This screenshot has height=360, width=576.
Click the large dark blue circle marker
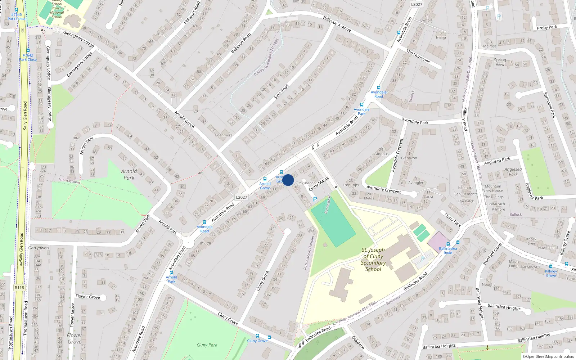(288, 180)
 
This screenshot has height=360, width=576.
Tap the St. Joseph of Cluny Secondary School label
(373, 260)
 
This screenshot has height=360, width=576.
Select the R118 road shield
(19, 288)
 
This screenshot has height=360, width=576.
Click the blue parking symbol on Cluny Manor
(315, 199)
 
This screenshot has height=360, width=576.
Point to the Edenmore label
(224, 135)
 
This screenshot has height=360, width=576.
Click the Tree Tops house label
(351, 185)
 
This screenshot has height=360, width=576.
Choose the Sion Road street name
(282, 91)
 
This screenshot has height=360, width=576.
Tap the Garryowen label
(39, 248)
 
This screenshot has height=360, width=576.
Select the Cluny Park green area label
(207, 345)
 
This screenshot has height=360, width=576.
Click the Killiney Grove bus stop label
(551, 273)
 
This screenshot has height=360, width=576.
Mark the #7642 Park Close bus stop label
(28, 58)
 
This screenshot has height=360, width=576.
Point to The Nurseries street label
(418, 57)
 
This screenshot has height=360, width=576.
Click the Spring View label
(500, 62)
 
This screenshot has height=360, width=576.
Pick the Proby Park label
(547, 27)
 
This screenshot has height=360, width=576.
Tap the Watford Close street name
(492, 254)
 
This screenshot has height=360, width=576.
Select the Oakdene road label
(358, 342)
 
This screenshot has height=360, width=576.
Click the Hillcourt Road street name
(192, 13)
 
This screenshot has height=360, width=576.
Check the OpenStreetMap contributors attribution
(548, 357)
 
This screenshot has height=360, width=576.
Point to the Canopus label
(381, 154)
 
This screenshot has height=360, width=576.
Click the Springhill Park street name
(550, 105)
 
